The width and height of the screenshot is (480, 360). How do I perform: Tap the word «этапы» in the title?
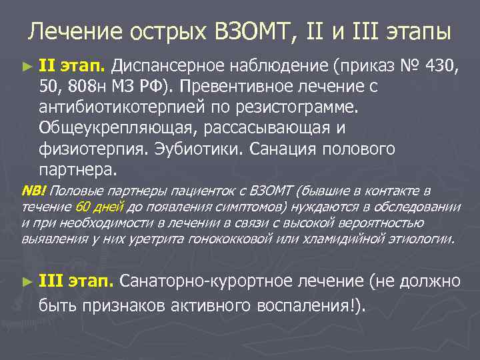[417, 32]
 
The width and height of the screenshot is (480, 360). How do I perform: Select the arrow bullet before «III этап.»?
[26, 282]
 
